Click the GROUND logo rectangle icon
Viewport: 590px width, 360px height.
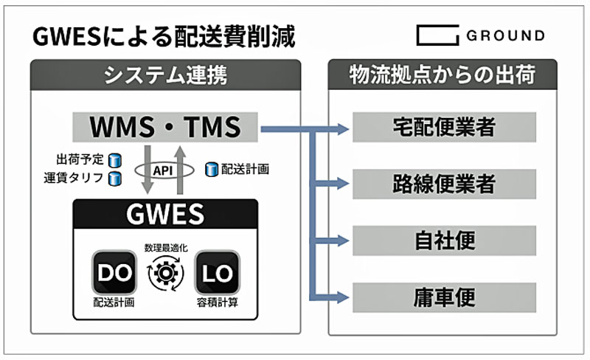(437, 35)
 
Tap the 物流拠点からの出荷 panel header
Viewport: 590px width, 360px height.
(442, 75)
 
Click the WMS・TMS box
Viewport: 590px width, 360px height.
(165, 127)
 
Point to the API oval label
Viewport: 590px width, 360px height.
(163, 170)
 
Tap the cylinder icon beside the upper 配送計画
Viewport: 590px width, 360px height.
(210, 169)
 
